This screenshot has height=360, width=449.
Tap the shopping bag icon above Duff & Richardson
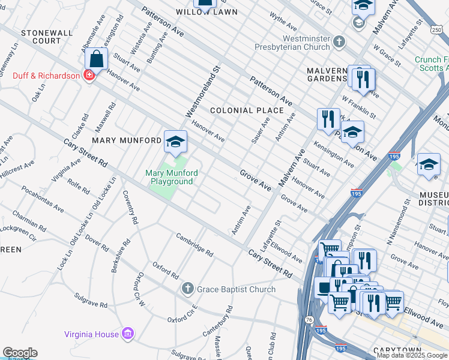tap(97, 60)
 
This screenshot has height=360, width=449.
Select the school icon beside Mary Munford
tap(175, 142)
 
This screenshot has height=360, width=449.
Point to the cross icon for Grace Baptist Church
tap(188, 289)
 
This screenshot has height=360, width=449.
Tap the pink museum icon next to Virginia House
tap(127, 333)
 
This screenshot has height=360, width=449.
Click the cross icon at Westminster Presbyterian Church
tap(339, 42)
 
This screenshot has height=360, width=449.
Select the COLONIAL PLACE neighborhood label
tap(246, 110)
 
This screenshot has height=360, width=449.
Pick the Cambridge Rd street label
tap(194, 245)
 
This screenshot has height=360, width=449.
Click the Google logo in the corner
tap(20, 353)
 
